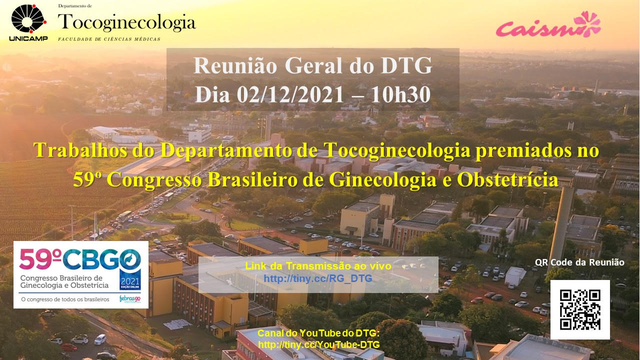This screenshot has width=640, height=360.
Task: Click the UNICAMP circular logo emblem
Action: click(28, 19)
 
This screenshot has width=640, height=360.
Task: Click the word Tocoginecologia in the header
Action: click(127, 22)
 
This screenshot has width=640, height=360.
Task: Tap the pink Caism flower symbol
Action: click(587, 24)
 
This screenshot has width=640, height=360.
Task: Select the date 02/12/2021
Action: click(290, 95)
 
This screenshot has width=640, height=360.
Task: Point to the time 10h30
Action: click(400, 95)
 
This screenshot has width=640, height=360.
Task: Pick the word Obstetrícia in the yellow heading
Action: click(507, 179)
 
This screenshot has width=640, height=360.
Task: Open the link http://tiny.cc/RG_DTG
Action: click(318, 278)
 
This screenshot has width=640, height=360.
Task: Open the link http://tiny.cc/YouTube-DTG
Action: click(319, 344)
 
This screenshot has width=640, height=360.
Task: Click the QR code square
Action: click(580, 309)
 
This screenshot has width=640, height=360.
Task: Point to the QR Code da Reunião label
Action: click(579, 262)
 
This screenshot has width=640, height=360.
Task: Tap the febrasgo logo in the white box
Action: click(130, 299)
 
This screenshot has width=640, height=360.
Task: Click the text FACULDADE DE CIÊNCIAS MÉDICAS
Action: click(109, 39)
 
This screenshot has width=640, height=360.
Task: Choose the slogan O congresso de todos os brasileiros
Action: click(65, 299)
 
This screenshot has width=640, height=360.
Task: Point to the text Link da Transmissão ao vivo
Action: click(318, 266)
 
